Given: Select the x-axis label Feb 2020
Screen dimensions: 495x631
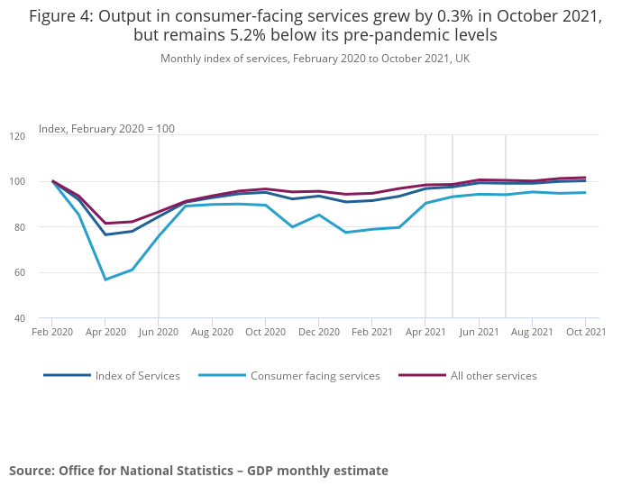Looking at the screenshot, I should [52, 332].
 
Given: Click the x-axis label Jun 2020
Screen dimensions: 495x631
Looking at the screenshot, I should [159, 332].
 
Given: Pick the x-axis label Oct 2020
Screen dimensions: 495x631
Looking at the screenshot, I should [265, 332].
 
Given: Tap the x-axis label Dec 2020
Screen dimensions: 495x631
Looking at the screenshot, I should [318, 332].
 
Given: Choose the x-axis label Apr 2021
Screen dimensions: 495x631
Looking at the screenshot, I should [425, 332].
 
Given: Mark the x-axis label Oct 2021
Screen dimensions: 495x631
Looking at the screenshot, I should [585, 332].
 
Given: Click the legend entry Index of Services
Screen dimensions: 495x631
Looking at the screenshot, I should [137, 376].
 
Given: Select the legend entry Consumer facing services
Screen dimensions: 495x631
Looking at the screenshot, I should [315, 376].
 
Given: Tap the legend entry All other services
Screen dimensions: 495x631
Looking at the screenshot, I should [493, 376].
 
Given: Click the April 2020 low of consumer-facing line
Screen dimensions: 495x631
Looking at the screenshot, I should [105, 280].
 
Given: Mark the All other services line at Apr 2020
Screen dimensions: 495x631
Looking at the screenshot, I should [105, 224].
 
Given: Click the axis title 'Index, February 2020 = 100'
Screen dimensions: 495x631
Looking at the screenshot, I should [106, 129].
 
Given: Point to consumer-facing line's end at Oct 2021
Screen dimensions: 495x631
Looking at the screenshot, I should [585, 192].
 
